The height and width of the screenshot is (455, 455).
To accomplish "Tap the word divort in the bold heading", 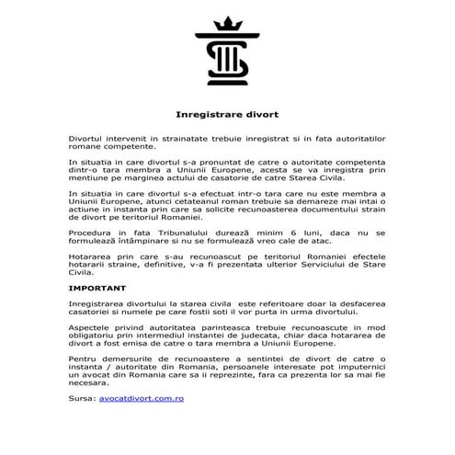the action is click(x=260, y=116).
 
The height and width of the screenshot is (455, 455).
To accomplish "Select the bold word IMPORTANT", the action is click(x=97, y=288).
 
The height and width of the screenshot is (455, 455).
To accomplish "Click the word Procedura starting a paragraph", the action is click(x=93, y=234).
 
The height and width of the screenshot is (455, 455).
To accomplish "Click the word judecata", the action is click(x=287, y=336).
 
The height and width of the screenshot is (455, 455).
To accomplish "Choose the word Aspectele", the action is click(x=92, y=326).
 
